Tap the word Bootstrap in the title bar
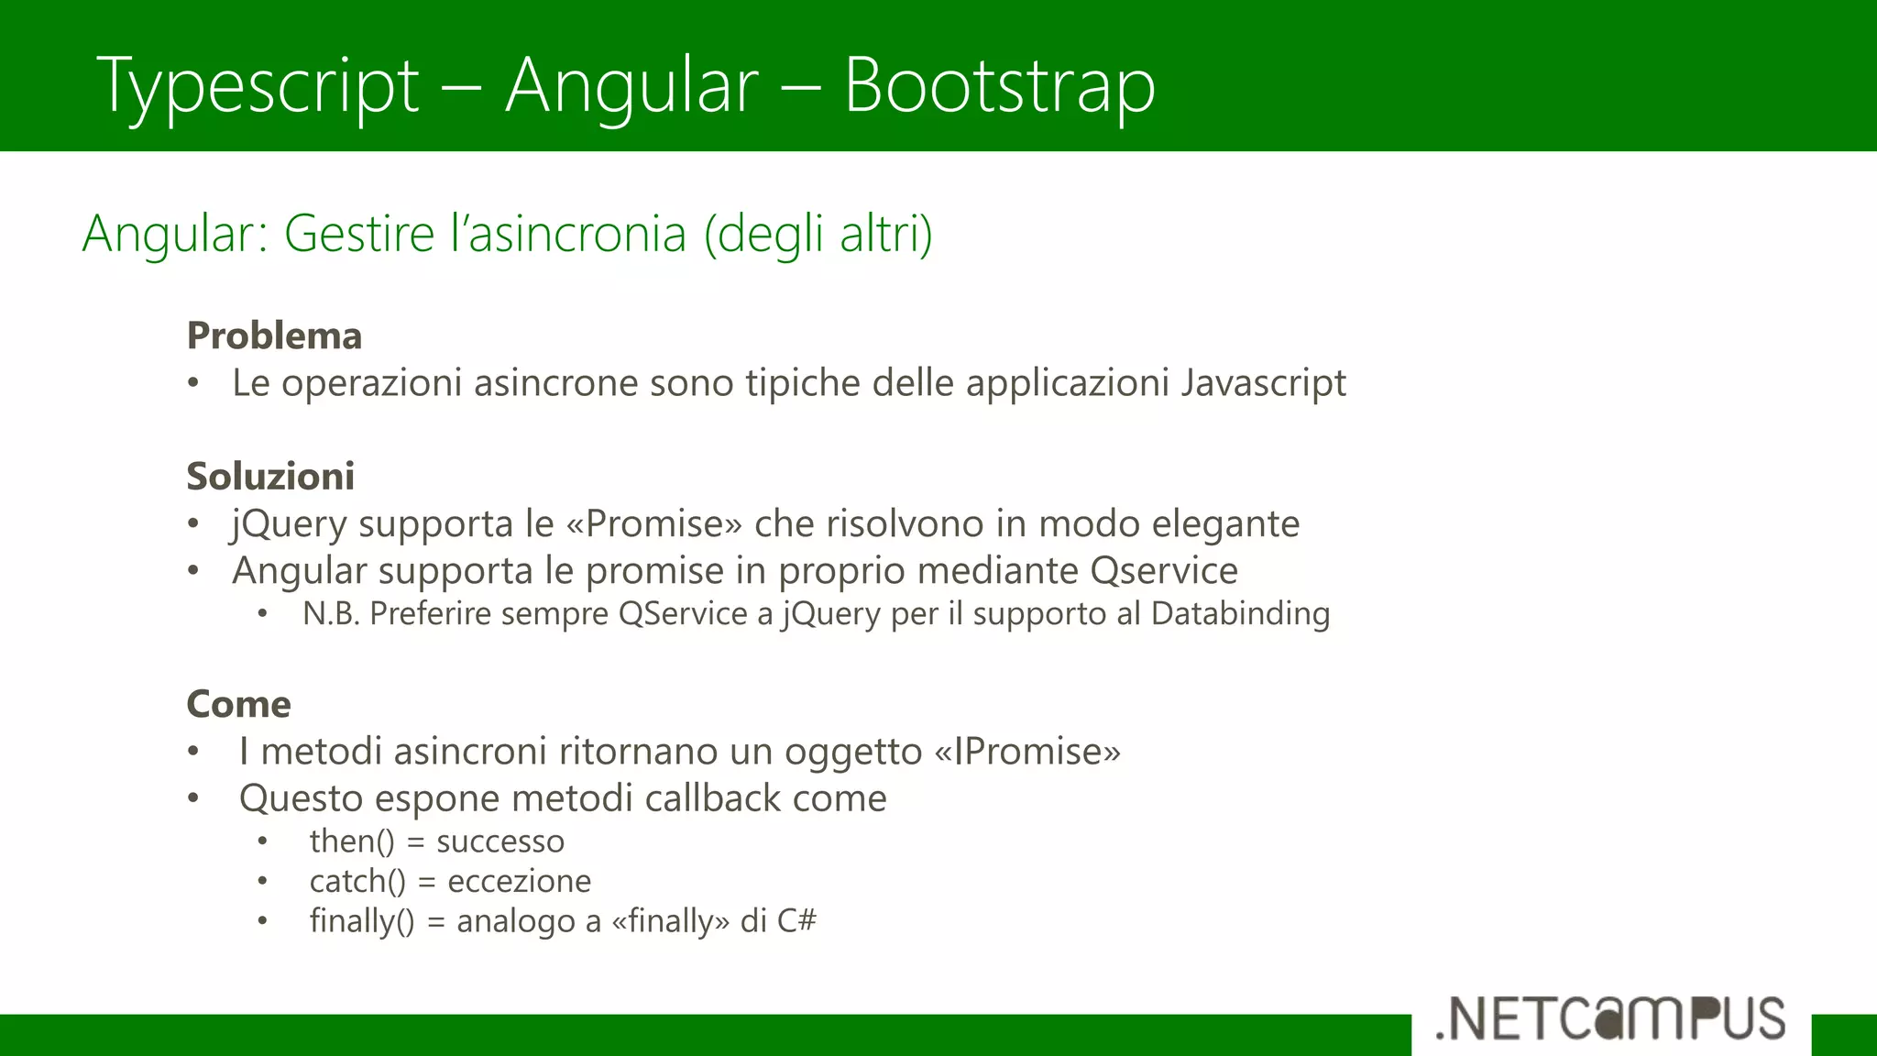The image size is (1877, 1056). tap(999, 85)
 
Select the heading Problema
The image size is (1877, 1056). tap(274, 335)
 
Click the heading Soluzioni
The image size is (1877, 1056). tap(270, 476)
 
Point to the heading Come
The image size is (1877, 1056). tap(238, 704)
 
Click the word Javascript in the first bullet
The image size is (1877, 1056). tap(1263, 382)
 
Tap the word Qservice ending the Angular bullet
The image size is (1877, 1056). tap(1164, 570)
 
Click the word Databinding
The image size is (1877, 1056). tap(1239, 613)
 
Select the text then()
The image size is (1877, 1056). tap(352, 841)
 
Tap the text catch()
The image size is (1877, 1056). tap(357, 881)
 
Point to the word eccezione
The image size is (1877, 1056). tap(519, 881)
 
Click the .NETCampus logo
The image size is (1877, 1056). tap(1610, 1018)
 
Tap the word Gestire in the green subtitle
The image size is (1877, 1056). tap(358, 233)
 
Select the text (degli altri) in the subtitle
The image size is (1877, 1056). tap(818, 233)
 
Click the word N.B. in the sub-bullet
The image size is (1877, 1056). tap(331, 613)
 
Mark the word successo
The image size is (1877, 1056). tap(500, 841)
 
